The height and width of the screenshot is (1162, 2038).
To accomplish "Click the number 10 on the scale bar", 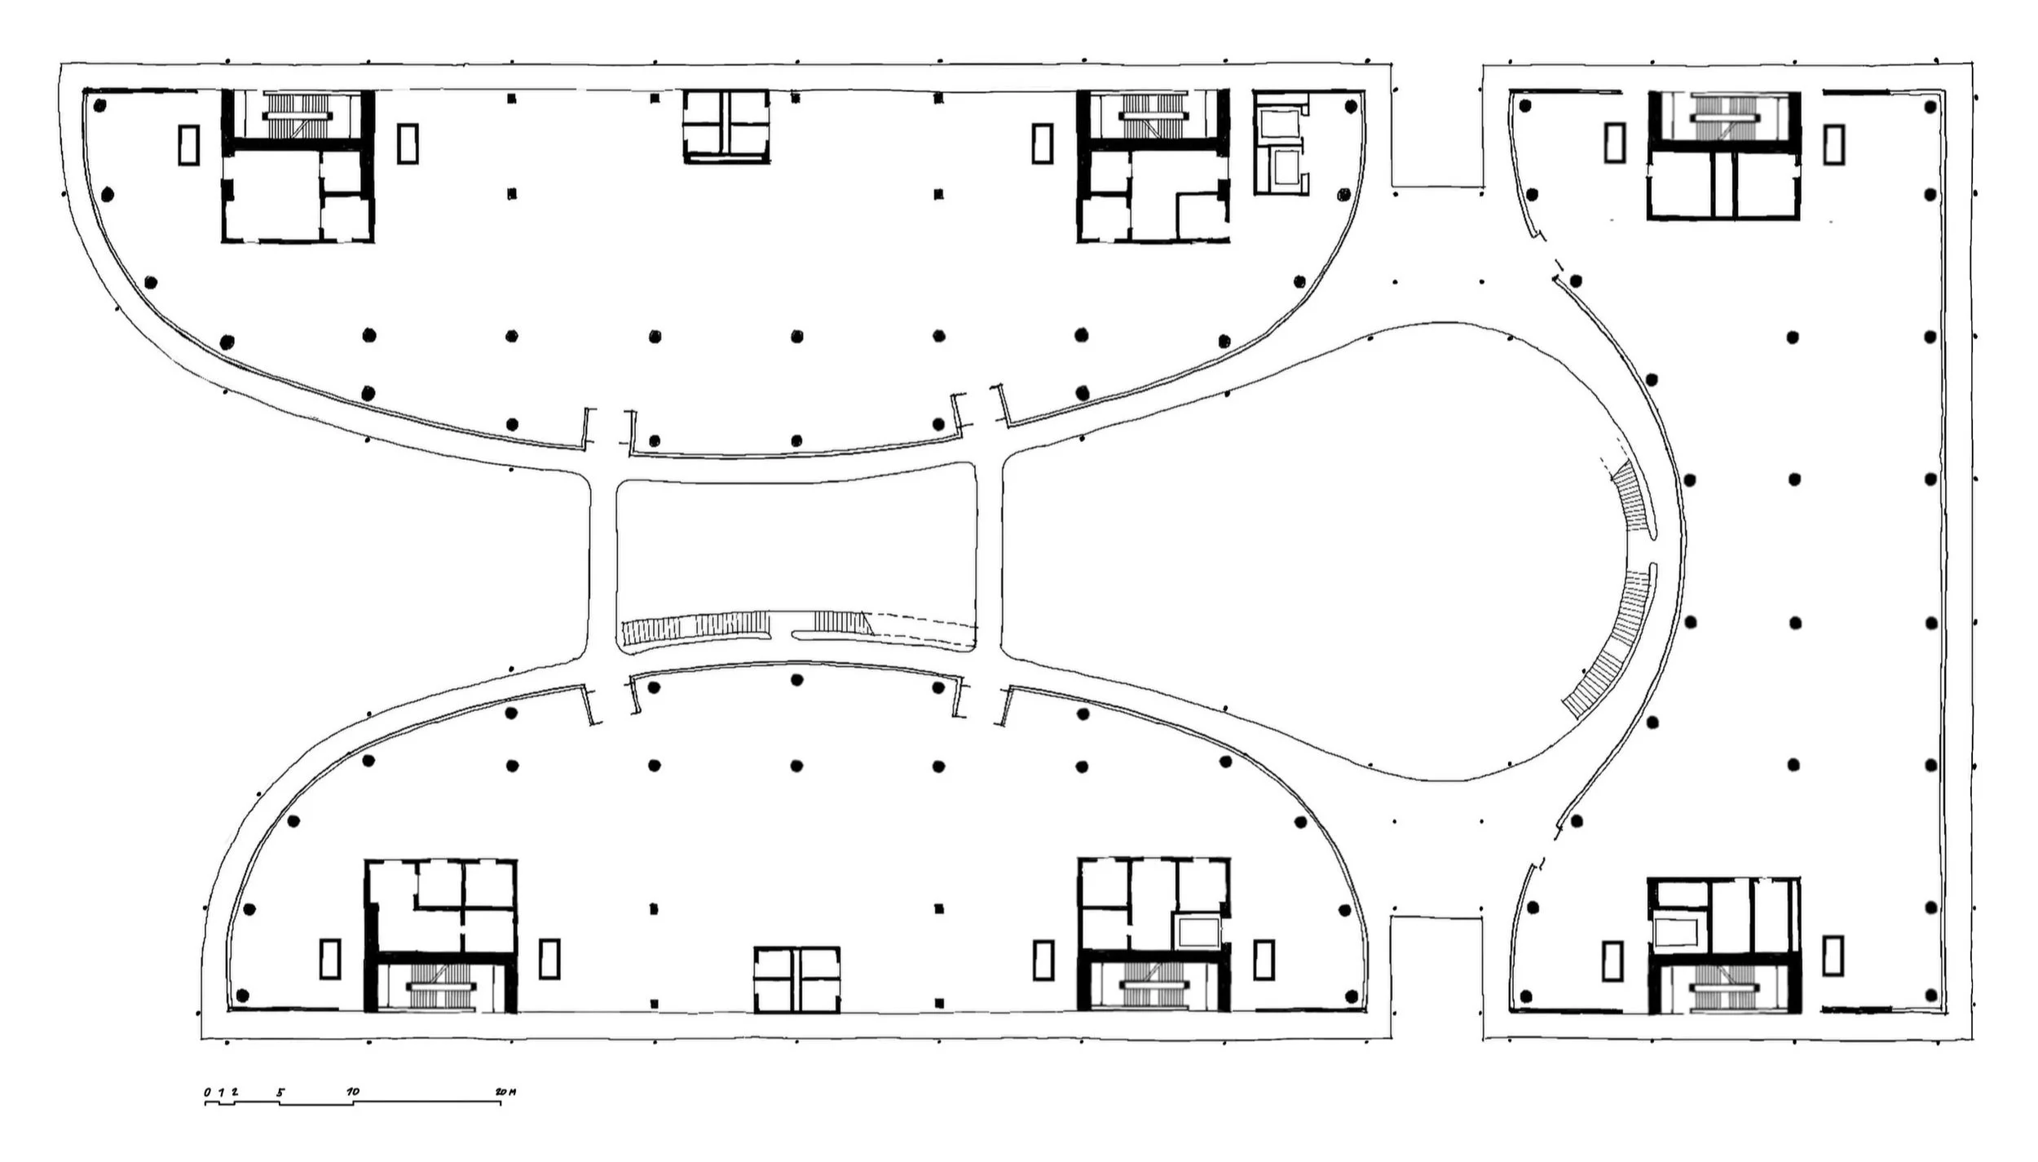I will [x=353, y=1091].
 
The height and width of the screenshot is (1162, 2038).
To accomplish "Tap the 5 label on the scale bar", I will [x=280, y=1091].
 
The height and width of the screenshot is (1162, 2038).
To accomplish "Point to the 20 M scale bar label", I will [x=505, y=1091].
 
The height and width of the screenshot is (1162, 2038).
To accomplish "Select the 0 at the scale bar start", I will [x=207, y=1091].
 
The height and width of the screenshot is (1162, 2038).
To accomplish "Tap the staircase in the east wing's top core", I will [x=1723, y=119].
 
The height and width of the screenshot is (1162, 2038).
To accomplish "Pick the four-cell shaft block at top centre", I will [x=726, y=126].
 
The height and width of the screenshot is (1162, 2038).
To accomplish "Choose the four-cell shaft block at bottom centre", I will [x=796, y=979].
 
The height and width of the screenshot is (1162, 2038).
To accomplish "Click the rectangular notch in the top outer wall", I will [x=1436, y=126].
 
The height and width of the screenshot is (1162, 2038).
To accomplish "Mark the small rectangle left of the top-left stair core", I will [x=188, y=144].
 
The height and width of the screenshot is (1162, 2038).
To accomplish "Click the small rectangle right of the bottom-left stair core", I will [x=549, y=959].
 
